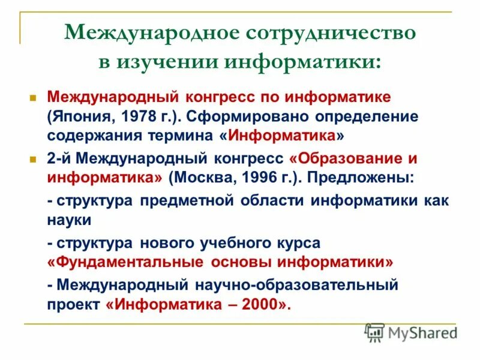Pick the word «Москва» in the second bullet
tap(201, 178)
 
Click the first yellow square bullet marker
tap(34, 97)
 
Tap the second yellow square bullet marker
tap(34, 160)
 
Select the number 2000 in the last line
tap(261, 304)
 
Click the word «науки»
tap(69, 220)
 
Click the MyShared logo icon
tap(374, 331)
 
